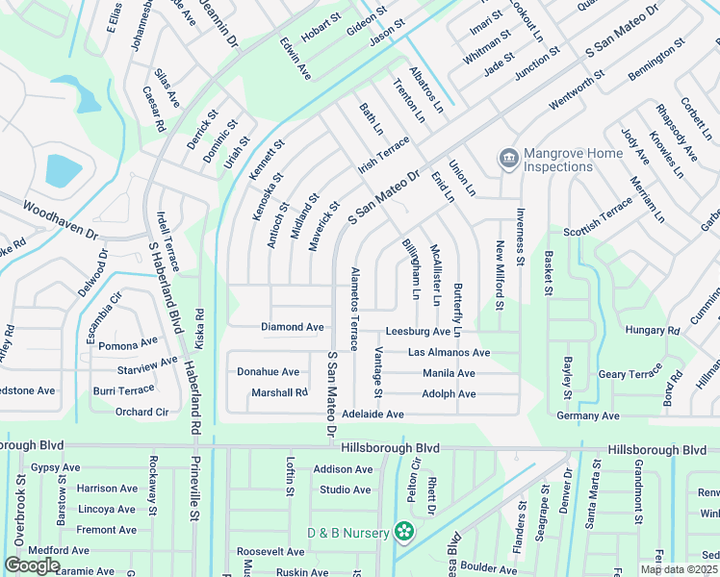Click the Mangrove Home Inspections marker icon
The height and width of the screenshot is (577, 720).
pyautogui.click(x=508, y=158)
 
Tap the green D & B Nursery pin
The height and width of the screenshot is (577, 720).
pyautogui.click(x=404, y=532)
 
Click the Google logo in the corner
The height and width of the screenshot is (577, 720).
pyautogui.click(x=32, y=565)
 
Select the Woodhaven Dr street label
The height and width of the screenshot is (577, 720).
pyautogui.click(x=61, y=220)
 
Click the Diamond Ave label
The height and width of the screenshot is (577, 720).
pyautogui.click(x=293, y=327)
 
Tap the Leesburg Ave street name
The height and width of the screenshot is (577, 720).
pyautogui.click(x=418, y=332)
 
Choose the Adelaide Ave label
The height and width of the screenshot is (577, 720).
pyautogui.click(x=372, y=414)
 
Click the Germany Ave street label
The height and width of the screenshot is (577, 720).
pyautogui.click(x=587, y=415)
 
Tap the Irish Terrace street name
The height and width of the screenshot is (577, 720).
pyautogui.click(x=384, y=155)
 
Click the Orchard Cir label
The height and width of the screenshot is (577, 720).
pyautogui.click(x=141, y=412)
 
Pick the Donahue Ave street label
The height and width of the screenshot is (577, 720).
pyautogui.click(x=268, y=371)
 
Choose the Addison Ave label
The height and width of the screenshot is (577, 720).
pyautogui.click(x=343, y=469)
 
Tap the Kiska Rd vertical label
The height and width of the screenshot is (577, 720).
pyautogui.click(x=200, y=327)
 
